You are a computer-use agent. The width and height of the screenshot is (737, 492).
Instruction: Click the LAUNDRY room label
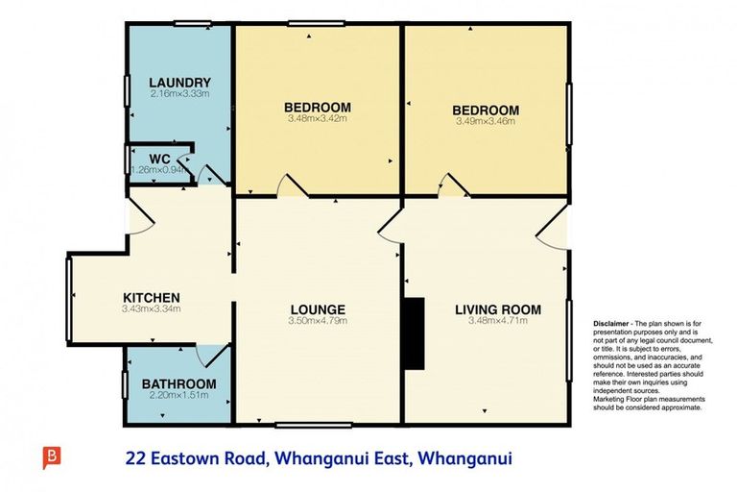[x=179, y=83]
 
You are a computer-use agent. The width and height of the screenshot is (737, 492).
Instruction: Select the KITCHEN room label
[x=152, y=297]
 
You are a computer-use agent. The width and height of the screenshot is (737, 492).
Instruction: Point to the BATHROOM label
[x=178, y=383]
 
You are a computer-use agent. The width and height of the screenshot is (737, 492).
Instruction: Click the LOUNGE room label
[x=318, y=308]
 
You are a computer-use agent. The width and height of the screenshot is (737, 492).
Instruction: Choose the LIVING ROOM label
[x=497, y=309]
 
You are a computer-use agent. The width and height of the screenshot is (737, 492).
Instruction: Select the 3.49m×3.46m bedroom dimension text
[x=486, y=122]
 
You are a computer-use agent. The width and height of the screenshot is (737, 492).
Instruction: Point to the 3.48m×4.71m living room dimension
[x=497, y=322]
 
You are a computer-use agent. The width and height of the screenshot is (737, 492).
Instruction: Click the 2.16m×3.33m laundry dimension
[x=179, y=94]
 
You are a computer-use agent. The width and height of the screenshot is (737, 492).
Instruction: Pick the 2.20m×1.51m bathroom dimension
[x=178, y=395]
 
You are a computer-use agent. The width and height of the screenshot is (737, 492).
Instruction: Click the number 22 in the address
[x=135, y=458]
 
